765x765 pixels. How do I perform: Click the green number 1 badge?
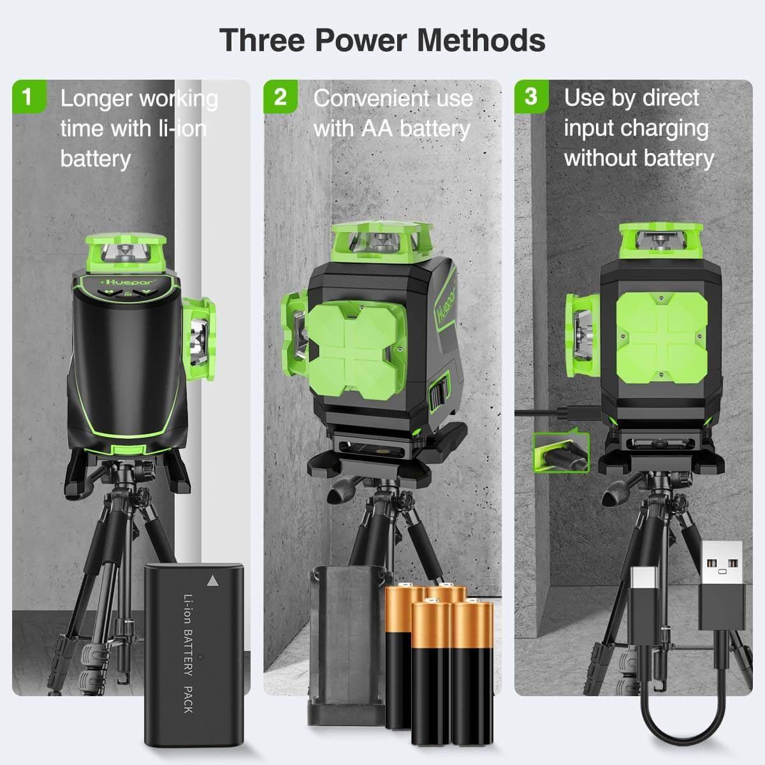click(x=27, y=97)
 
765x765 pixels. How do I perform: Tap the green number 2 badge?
click(x=280, y=97)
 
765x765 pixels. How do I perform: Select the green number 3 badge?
click(x=530, y=96)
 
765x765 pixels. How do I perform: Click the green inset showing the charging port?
click(x=561, y=453)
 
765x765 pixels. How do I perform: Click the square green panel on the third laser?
click(x=661, y=337)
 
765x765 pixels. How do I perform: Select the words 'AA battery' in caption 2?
click(x=416, y=128)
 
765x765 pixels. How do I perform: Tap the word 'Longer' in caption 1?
click(x=96, y=99)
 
